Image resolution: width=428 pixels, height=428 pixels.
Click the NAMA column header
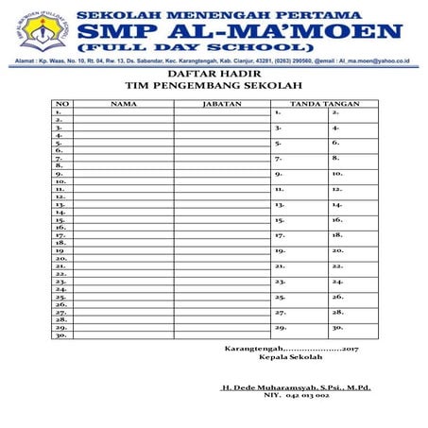123,103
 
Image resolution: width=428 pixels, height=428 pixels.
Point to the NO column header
61,103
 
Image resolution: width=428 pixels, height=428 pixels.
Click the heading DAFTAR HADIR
214,73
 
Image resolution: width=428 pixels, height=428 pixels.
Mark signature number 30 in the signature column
337,327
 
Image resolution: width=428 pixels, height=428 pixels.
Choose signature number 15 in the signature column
280,219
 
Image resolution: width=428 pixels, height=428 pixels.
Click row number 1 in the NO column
59,111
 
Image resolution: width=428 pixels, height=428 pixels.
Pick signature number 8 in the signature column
335,158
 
